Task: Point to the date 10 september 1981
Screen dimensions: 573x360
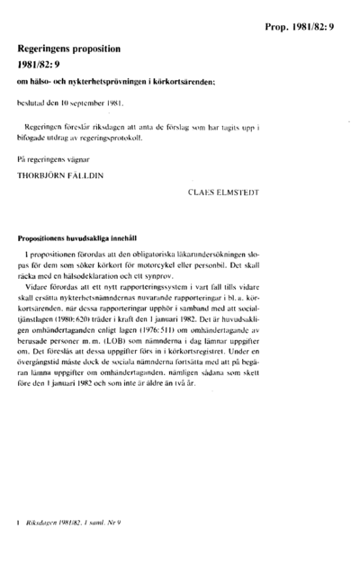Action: coord(90,103)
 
